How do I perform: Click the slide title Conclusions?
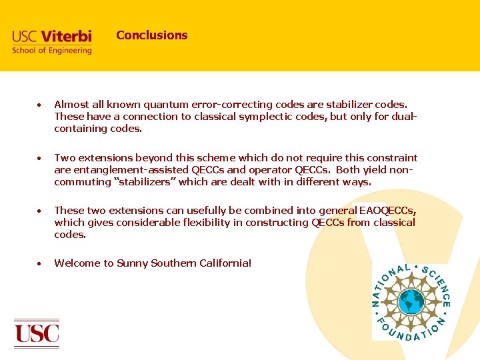[x=152, y=35]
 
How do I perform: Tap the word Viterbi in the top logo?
[x=67, y=36]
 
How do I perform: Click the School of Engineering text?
[x=52, y=50]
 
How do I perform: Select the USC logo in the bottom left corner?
[x=37, y=333]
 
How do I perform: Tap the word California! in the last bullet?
[x=220, y=263]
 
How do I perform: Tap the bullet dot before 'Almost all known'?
[x=40, y=105]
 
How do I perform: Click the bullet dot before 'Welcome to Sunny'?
[x=40, y=264]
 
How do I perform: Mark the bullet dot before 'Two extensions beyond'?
[x=40, y=159]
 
